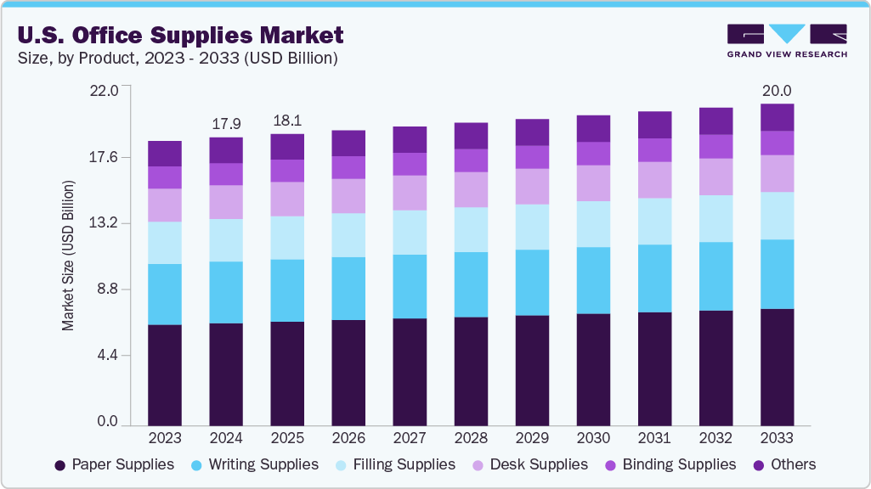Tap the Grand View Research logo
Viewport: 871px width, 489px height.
[787, 41]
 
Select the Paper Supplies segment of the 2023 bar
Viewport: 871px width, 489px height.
[165, 374]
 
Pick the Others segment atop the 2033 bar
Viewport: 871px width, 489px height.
[777, 117]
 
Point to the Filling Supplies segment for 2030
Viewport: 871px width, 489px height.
[593, 224]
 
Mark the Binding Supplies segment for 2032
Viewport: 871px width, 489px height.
[715, 146]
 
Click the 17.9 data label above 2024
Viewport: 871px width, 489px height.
[226, 124]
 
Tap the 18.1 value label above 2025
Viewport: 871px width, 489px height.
[287, 121]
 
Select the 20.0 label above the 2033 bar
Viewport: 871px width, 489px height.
[777, 91]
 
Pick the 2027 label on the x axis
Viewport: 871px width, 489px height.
[410, 438]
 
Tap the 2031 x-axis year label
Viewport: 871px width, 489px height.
[654, 438]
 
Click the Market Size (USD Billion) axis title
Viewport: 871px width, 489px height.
[68, 256]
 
